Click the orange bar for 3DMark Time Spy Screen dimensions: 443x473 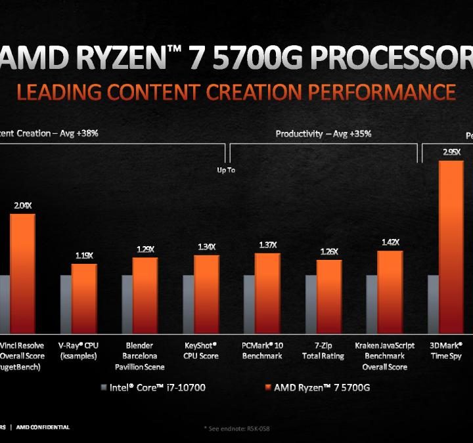[451, 246]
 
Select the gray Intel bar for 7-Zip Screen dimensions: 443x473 [311, 303]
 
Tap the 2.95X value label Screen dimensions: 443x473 [451, 152]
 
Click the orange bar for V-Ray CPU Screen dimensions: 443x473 [84, 298]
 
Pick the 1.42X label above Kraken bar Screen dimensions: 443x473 [390, 243]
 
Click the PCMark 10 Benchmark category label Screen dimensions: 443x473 [263, 350]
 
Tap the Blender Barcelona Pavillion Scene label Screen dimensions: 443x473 [139, 356]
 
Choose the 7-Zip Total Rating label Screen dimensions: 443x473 [324, 350]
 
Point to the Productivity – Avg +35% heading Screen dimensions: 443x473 [323, 133]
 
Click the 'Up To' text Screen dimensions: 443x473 [226, 170]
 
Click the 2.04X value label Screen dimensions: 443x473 [22, 205]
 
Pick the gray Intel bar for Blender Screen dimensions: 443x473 [127, 303]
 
